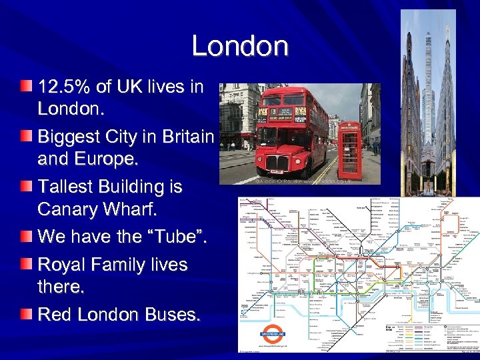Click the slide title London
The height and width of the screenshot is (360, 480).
(x=240, y=47)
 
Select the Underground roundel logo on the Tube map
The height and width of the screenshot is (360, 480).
(x=272, y=333)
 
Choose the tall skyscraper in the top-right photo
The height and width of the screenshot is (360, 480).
(x=427, y=93)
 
